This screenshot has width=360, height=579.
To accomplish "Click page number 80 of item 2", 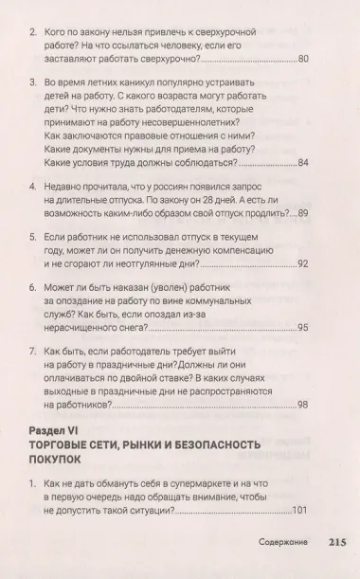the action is click(x=302, y=60).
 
